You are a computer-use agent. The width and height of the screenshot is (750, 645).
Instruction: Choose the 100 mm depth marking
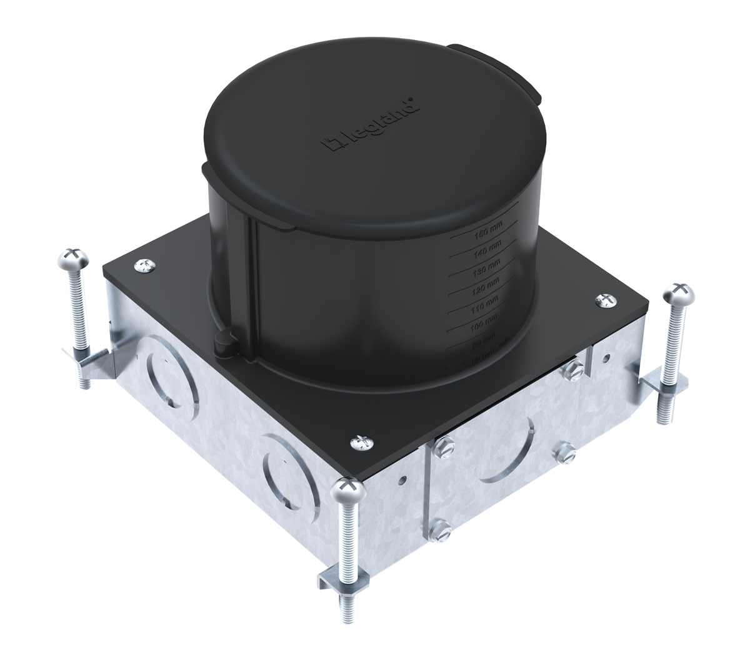pos(481,326)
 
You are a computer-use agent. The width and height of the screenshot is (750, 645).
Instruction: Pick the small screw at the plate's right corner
pos(606,301)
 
